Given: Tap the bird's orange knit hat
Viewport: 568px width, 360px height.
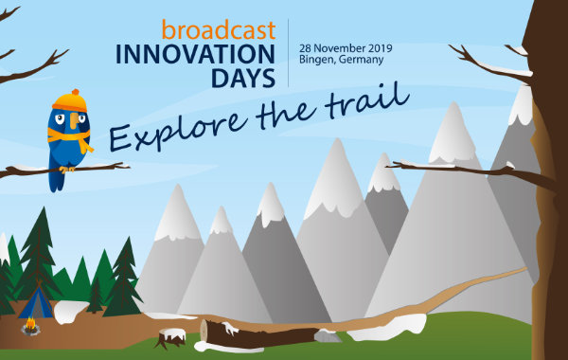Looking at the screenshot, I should [66, 101].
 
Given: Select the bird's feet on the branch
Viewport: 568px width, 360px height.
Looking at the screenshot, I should [66, 168].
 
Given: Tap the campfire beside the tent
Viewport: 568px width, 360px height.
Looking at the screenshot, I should [31, 329].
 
